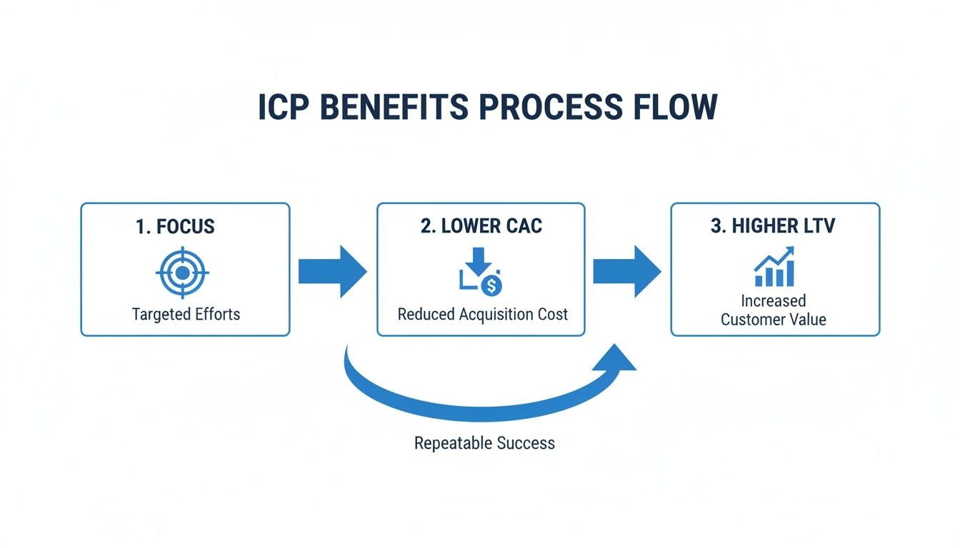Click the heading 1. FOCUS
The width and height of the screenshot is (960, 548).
[x=175, y=227]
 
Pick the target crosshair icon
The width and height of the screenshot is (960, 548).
[x=182, y=273]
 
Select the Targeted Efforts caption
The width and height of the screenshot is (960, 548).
[x=186, y=314]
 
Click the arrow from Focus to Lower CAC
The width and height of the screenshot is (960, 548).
[x=332, y=271]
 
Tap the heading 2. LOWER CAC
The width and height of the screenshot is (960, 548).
[x=481, y=227]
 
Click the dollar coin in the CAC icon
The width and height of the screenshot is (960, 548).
[x=491, y=286]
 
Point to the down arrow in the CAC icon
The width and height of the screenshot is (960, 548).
[x=479, y=260]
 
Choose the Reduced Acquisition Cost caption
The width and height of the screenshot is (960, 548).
[x=482, y=314]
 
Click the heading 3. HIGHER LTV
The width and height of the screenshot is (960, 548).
[x=774, y=227]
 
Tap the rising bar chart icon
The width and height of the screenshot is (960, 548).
[x=774, y=268]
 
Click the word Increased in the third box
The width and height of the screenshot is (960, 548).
[x=773, y=300]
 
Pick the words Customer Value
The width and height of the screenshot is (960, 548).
[x=773, y=320]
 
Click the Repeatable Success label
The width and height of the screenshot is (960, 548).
[x=484, y=443]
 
